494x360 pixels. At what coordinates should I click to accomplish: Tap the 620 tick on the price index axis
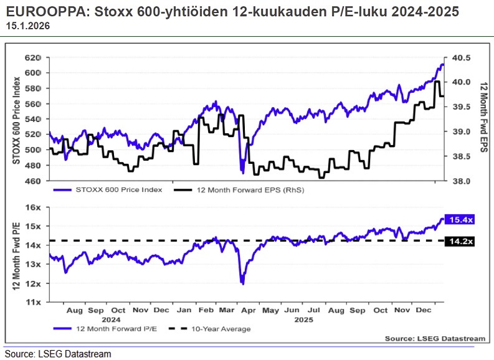32,57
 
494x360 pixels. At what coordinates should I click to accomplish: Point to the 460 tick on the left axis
32,181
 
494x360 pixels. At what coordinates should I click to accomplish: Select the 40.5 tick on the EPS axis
462,57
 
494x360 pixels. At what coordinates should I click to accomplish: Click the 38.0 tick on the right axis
462,181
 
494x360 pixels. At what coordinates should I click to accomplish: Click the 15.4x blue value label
461,220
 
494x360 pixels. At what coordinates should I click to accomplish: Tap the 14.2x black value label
461,240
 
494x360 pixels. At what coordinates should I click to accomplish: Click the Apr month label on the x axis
247,310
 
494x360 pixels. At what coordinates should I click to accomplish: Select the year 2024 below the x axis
118,319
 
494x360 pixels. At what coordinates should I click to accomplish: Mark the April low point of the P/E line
242,283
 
